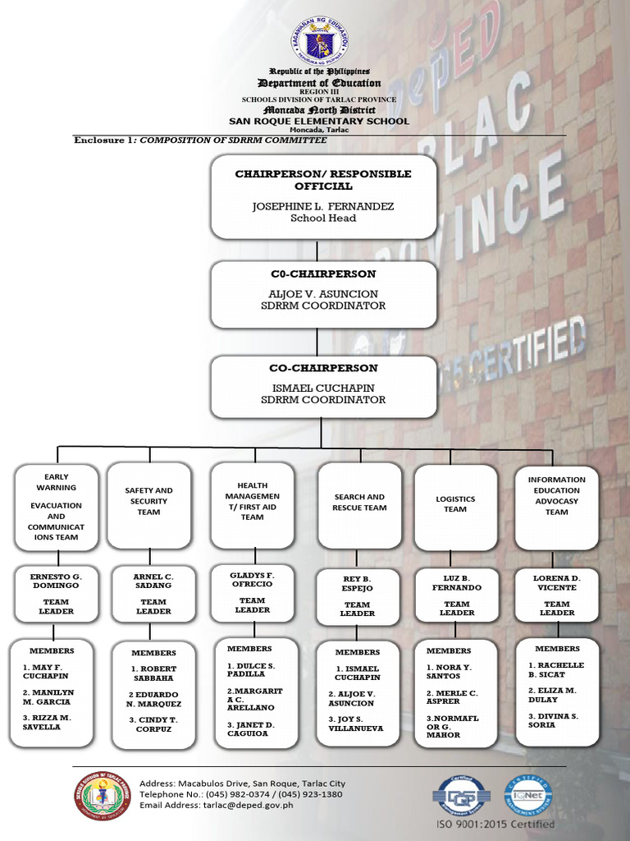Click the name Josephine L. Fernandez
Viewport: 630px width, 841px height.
pyautogui.click(x=322, y=206)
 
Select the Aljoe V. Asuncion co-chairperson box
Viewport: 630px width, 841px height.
pyautogui.click(x=322, y=294)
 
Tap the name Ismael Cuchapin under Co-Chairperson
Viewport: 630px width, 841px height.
pyautogui.click(x=322, y=388)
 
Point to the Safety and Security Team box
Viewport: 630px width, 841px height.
pyautogui.click(x=148, y=504)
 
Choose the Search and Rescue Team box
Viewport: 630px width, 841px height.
pyautogui.click(x=359, y=504)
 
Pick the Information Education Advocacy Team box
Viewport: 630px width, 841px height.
pyautogui.click(x=557, y=504)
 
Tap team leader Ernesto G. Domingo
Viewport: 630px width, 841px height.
pyautogui.click(x=56, y=581)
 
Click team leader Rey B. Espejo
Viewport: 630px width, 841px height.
pyautogui.click(x=358, y=583)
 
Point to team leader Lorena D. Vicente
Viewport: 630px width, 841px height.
pyautogui.click(x=557, y=582)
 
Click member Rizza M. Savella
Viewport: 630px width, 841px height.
pyautogui.click(x=48, y=722)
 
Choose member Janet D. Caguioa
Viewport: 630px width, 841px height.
pyautogui.click(x=251, y=729)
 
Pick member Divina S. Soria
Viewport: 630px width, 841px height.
pyautogui.click(x=553, y=720)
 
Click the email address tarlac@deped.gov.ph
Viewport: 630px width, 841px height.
pyautogui.click(x=216, y=806)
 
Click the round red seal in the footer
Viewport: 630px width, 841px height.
pyautogui.click(x=103, y=796)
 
